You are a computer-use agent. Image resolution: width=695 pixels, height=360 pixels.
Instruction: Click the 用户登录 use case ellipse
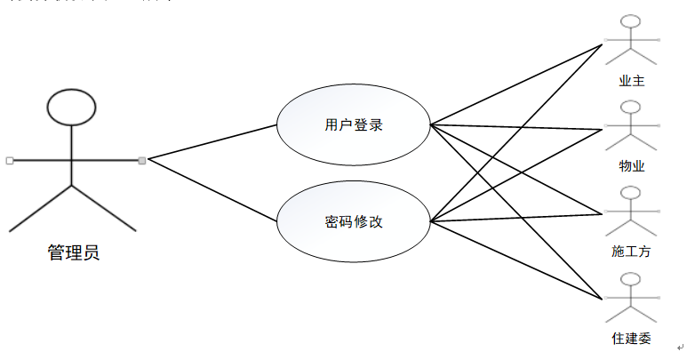tap(354, 125)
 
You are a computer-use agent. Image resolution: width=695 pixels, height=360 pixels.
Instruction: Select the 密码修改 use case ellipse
tap(354, 221)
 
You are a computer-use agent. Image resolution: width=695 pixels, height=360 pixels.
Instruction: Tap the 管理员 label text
tap(73, 253)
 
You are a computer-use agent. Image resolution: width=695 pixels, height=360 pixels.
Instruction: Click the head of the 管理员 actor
tap(70, 106)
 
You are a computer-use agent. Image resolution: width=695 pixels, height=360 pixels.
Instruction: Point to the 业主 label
tap(632, 81)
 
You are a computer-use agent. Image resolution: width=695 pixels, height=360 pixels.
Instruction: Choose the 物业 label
tap(632, 166)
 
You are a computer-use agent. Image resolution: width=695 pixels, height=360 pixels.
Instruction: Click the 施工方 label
tap(632, 252)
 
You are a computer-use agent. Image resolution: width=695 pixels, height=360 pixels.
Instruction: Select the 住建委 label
tap(632, 338)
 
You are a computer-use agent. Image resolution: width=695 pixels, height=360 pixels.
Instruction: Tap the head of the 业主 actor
tap(632, 22)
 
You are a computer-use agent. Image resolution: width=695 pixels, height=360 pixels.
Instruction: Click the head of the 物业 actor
tap(632, 108)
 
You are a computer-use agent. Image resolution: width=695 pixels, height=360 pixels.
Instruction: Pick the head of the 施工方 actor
tap(632, 194)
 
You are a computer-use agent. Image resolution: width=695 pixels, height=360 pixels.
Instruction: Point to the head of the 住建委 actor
tap(632, 279)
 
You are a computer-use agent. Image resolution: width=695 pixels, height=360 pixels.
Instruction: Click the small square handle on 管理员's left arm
tap(9, 160)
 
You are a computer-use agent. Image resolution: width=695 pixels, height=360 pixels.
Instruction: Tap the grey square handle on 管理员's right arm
tap(142, 160)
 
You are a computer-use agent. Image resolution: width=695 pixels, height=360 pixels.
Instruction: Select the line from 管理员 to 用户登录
tap(213, 141)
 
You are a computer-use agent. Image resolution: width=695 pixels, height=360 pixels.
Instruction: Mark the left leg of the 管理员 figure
tap(40, 209)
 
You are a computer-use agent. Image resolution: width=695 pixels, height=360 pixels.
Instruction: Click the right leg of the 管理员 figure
tap(103, 209)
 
